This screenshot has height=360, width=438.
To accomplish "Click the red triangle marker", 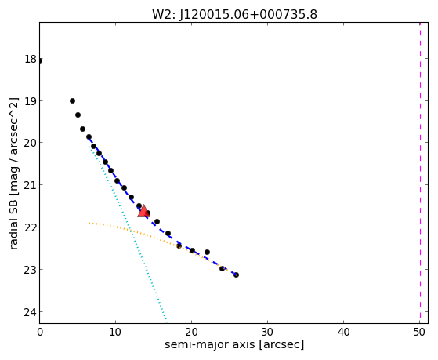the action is point(143,211).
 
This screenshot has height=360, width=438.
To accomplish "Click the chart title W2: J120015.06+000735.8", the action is point(234,15).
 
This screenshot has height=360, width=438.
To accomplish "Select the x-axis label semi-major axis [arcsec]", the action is point(234,344).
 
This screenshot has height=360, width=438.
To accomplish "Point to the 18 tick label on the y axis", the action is point(31,59).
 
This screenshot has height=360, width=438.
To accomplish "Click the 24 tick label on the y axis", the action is point(31,312).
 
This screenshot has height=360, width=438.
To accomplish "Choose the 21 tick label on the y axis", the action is point(31,185).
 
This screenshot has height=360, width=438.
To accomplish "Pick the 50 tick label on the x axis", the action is point(419,332).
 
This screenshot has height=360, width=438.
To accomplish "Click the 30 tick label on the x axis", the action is point(268,332).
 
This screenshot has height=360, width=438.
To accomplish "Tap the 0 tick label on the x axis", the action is point(40,332).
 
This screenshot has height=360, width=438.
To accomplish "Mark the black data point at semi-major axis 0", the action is point(40,60).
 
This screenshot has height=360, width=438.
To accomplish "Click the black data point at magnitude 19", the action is point(72,100).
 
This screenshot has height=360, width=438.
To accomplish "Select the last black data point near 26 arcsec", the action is point(236,275).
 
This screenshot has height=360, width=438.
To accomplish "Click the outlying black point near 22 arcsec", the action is point(207,252).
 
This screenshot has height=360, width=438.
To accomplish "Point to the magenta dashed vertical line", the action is point(420,173).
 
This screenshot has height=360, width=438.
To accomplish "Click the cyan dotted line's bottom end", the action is point(166,322).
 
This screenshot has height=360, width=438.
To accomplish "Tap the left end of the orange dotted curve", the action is point(89,224).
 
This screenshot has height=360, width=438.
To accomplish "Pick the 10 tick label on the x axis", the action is point(115,332).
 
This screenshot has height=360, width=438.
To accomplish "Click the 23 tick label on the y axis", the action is point(31,270).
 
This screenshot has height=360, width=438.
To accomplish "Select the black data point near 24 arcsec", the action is point(222,268).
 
